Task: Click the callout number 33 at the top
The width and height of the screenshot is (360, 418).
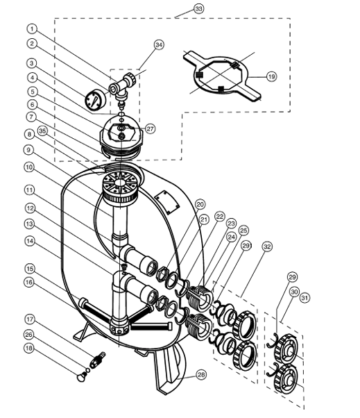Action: [180, 10]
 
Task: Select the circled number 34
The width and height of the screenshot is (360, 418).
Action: [159, 45]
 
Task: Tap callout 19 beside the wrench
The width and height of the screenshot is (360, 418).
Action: [271, 77]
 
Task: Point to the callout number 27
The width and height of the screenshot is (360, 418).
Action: [151, 128]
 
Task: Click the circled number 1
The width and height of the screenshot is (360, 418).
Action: [31, 28]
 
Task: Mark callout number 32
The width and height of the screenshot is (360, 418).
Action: [268, 246]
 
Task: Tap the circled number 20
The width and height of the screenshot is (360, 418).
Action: [200, 204]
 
